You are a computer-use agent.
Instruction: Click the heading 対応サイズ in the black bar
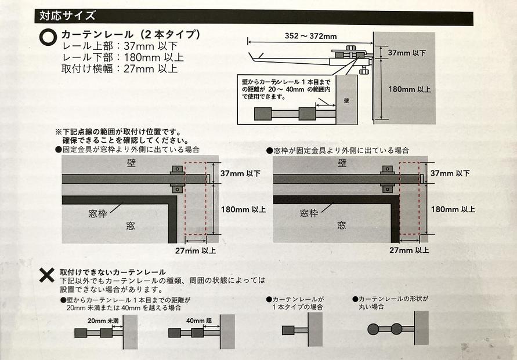[x=68, y=16]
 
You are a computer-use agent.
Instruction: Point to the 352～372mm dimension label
[x=311, y=37]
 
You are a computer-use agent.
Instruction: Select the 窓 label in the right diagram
[x=342, y=224]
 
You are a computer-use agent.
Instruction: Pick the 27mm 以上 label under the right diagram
[x=410, y=250]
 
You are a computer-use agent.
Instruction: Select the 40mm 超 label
[x=198, y=321]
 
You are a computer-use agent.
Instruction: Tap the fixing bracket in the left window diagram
[x=177, y=179]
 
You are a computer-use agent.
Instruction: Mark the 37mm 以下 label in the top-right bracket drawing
[x=406, y=53]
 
